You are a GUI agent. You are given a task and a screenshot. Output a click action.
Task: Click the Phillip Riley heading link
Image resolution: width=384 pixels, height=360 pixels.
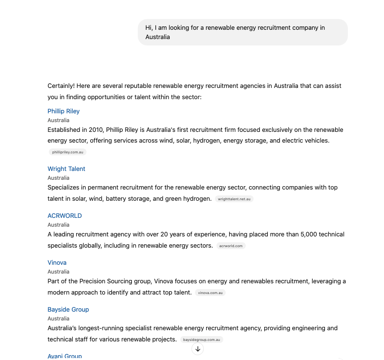(x=64, y=111)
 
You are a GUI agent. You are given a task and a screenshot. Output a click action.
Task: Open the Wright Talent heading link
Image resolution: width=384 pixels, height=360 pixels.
(x=66, y=169)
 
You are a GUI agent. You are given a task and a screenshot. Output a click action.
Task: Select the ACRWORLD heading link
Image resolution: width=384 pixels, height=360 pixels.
(x=64, y=216)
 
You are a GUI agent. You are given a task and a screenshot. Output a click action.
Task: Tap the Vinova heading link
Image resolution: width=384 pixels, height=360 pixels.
(x=57, y=263)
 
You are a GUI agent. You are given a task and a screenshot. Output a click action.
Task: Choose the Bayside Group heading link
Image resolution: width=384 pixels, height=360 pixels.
(x=68, y=310)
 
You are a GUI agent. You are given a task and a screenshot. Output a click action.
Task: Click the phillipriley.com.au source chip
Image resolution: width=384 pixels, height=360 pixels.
(x=68, y=152)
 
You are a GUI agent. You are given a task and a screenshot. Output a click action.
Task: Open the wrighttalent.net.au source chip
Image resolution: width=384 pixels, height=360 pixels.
(x=234, y=199)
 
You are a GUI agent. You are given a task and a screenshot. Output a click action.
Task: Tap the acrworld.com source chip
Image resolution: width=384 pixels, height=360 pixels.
(x=231, y=246)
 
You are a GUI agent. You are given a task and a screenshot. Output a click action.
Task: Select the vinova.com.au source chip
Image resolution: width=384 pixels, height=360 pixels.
(x=211, y=293)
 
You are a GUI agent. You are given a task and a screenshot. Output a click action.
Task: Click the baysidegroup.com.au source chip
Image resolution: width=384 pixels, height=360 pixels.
(x=201, y=340)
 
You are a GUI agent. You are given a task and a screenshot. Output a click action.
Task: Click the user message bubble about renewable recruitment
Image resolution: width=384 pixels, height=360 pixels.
(x=242, y=32)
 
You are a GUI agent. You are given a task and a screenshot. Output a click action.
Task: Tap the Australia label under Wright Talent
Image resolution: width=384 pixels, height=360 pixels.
(x=58, y=178)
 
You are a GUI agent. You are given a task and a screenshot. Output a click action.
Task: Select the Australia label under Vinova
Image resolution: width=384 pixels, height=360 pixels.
(x=58, y=272)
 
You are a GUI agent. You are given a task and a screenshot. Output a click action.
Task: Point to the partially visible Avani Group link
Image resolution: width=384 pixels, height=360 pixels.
(x=64, y=356)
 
